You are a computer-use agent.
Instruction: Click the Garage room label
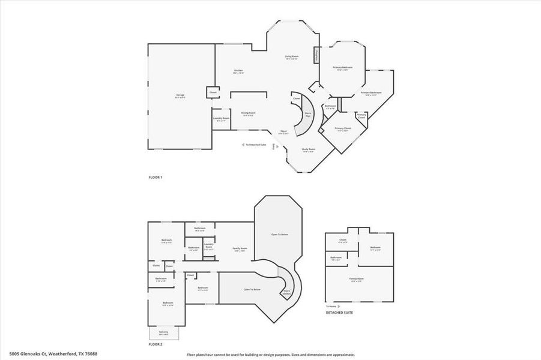180,97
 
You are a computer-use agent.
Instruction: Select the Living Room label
291,58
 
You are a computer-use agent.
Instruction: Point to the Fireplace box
316,55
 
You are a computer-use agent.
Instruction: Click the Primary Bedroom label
342,68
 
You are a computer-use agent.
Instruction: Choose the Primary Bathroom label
371,94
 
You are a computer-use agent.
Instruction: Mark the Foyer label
284,133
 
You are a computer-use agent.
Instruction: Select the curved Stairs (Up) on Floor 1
307,114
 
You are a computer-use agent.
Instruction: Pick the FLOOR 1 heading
156,178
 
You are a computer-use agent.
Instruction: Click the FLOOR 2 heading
156,344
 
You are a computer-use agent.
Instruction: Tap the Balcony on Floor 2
163,333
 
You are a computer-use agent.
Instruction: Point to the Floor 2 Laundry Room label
209,245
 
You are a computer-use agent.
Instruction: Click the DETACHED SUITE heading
340,313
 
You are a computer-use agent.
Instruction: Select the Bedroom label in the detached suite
375,248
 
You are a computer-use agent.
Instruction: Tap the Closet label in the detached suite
342,241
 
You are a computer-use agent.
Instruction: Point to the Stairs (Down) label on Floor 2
286,292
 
